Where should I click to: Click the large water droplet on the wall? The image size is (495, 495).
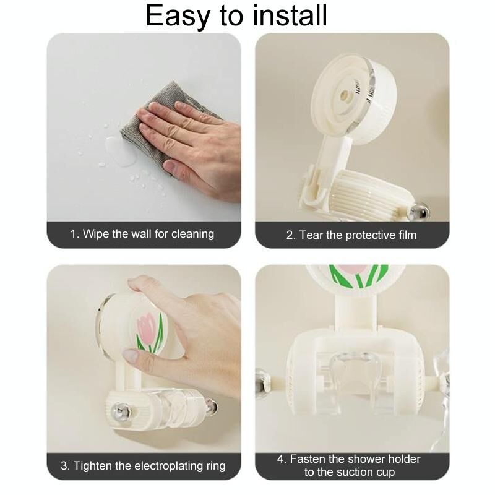coord(120,151)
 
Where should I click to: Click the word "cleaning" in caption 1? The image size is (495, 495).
coord(192,234)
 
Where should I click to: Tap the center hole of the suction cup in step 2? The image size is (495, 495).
coord(345,94)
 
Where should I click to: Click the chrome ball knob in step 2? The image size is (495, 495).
coord(419,212)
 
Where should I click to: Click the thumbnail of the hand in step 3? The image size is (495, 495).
coord(131,355)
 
